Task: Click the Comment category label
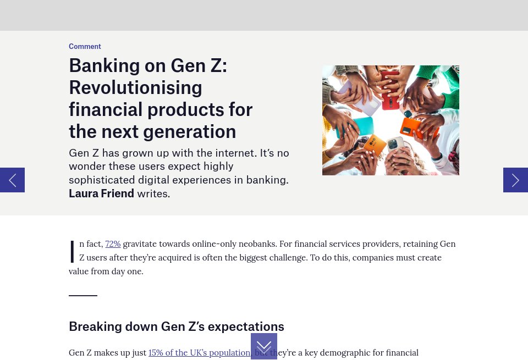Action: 85,47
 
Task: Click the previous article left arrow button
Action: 12,180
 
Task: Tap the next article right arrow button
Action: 515,180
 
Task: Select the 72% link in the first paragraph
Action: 113,244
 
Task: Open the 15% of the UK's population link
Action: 199,353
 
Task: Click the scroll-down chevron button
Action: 264,346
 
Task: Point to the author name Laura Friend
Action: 101,193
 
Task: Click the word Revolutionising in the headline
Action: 135,88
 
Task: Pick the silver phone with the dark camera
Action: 394,145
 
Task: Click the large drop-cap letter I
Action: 72,252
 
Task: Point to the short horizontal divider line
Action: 83,296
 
